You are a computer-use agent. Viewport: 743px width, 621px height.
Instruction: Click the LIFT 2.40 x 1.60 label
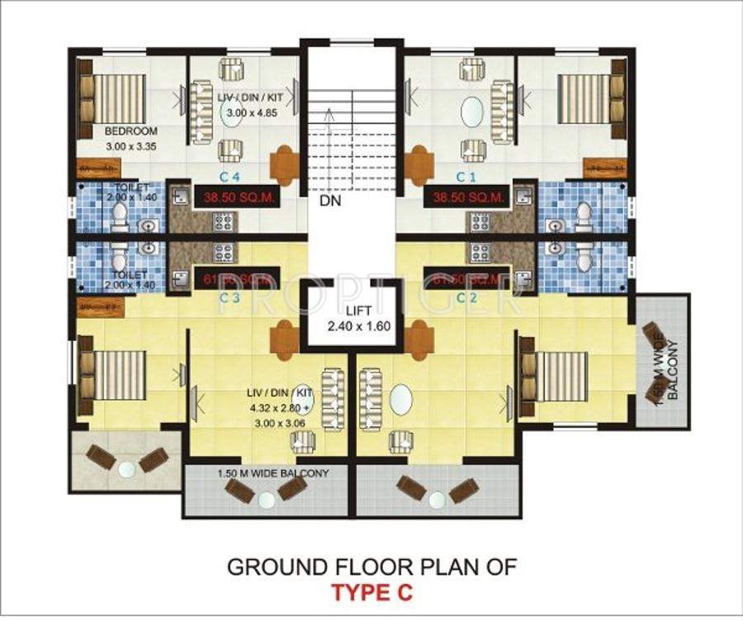[x=355, y=319]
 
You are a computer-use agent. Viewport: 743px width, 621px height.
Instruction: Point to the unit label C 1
[x=468, y=176]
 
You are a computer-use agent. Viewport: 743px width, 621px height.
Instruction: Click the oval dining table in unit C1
[x=471, y=112]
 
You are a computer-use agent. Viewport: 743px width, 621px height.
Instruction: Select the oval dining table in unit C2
[x=400, y=401]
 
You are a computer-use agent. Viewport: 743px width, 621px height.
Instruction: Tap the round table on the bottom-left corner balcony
[x=126, y=468]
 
